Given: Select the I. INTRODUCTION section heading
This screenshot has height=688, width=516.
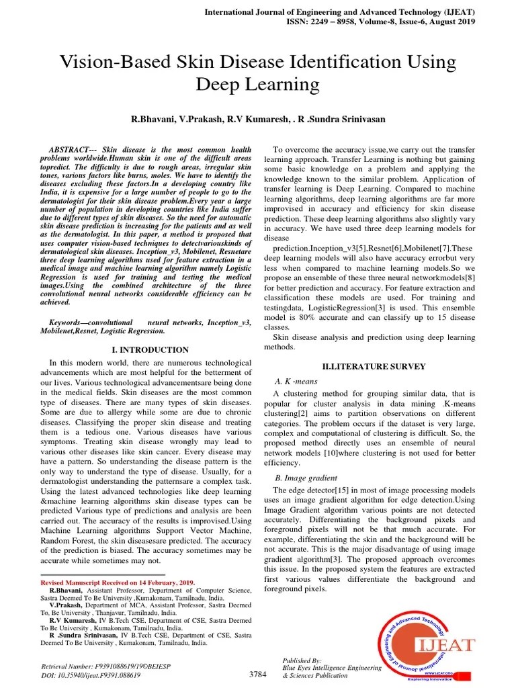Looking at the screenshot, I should click(x=149, y=350).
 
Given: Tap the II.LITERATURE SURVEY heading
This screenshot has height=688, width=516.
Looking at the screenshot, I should click(x=374, y=366).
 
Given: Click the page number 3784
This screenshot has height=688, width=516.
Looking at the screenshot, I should click(x=257, y=674).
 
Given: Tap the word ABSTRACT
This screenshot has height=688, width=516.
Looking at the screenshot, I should click(x=73, y=148).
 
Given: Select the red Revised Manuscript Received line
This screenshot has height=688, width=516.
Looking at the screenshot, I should click(x=118, y=582).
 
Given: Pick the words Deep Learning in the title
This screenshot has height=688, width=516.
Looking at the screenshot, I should click(x=257, y=85).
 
